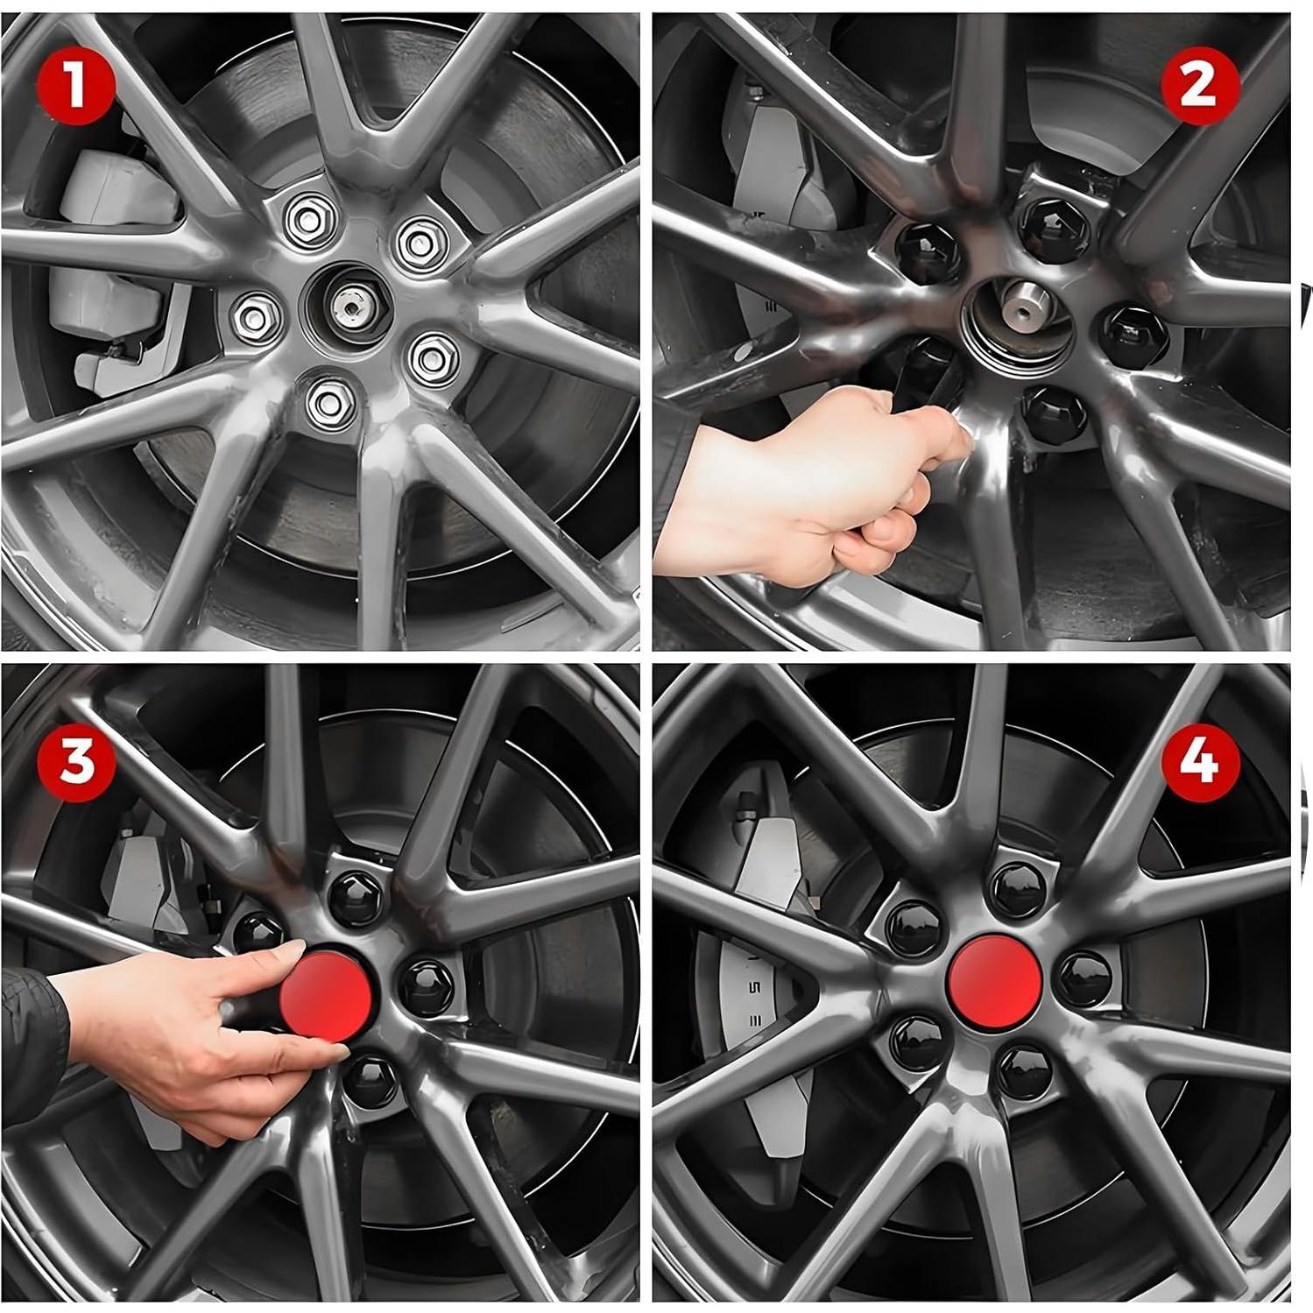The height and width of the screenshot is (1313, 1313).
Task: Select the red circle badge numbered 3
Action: pos(75,760)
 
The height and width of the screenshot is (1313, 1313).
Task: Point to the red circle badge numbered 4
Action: pos(1200,760)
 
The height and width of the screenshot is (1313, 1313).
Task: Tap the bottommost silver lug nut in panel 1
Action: pos(327,400)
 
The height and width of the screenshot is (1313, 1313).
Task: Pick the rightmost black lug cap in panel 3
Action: pos(427,985)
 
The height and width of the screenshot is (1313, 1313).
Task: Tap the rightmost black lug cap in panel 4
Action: pos(1085,977)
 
